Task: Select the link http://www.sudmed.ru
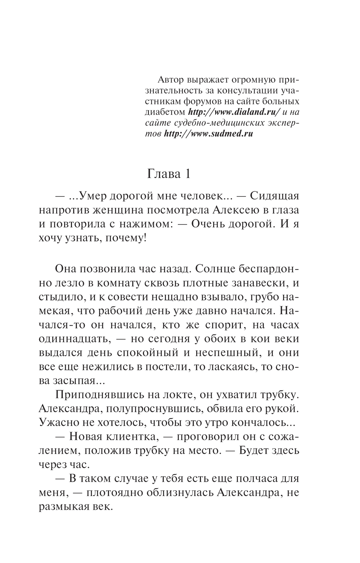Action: click(208, 133)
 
